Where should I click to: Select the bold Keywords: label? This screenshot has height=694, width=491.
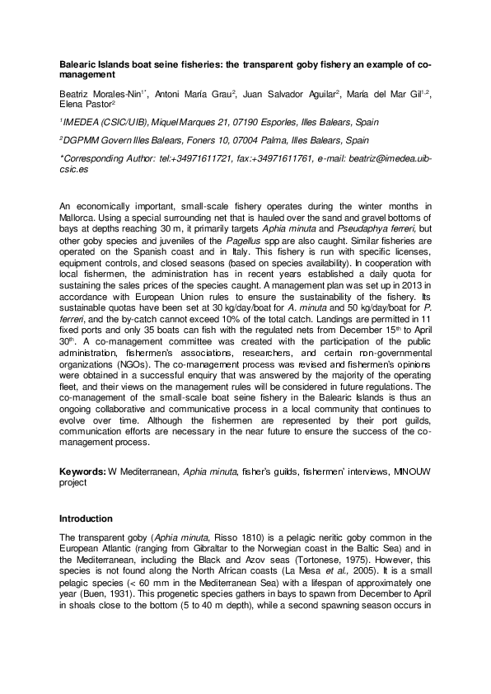82,471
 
